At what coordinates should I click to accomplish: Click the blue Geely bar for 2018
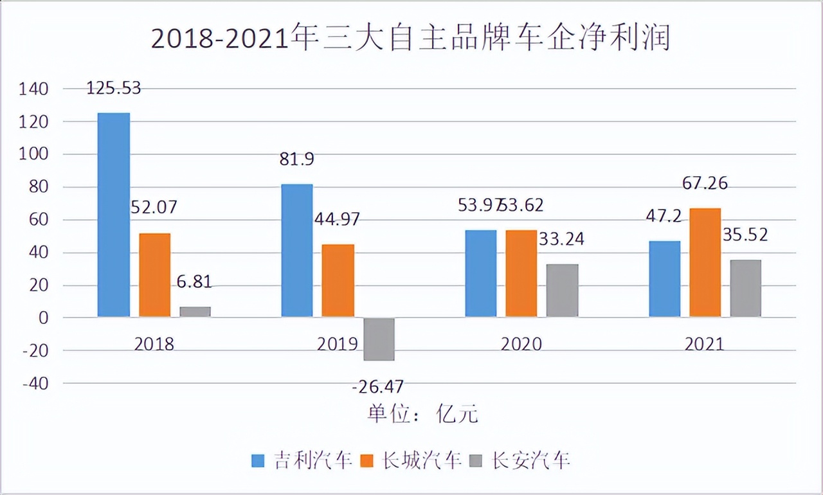pyautogui.click(x=113, y=215)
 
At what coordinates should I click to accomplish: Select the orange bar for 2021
pyautogui.click(x=705, y=262)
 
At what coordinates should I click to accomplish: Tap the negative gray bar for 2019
pyautogui.click(x=379, y=339)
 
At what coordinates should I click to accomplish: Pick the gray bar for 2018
pyautogui.click(x=195, y=312)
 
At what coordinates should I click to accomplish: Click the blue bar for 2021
pyautogui.click(x=664, y=279)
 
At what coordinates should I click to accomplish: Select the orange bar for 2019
pyautogui.click(x=338, y=281)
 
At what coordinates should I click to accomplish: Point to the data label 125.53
pyautogui.click(x=113, y=88)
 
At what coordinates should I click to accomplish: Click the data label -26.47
pyautogui.click(x=378, y=387)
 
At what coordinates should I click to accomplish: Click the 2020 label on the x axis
pyautogui.click(x=521, y=344)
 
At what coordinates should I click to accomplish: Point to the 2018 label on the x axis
pyautogui.click(x=154, y=344)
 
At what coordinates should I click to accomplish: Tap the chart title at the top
pyautogui.click(x=411, y=38)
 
